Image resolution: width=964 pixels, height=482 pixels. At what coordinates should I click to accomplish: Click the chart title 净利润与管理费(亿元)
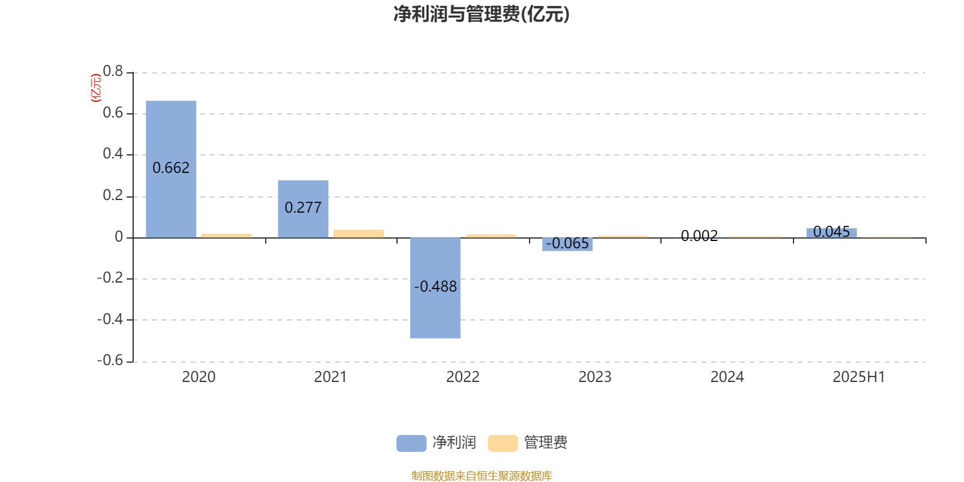tap(481, 14)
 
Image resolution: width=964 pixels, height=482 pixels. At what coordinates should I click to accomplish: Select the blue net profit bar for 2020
tap(171, 169)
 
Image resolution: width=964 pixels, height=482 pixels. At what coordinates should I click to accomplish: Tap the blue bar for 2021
tap(303, 209)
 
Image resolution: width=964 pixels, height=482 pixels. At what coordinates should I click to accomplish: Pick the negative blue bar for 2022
tap(435, 288)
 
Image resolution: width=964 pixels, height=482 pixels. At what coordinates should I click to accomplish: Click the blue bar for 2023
tap(567, 245)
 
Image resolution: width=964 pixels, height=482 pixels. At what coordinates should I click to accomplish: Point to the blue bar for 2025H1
tap(831, 233)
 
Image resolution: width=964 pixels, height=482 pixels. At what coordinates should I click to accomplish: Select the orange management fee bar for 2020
tap(227, 236)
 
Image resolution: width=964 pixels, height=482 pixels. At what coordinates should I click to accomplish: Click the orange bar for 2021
tap(358, 234)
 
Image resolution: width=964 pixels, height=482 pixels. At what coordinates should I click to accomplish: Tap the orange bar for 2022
tap(490, 236)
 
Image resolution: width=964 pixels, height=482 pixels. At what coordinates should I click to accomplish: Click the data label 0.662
tap(171, 168)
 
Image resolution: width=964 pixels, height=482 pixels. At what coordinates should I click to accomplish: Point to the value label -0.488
tap(435, 287)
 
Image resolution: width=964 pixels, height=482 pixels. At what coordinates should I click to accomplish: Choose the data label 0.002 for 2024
tap(700, 236)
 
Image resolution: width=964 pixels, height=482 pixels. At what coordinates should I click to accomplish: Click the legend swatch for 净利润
tap(412, 443)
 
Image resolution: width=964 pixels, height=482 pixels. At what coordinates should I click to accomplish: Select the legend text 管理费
tap(545, 443)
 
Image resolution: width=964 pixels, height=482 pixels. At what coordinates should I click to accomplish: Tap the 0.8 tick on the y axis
tap(113, 71)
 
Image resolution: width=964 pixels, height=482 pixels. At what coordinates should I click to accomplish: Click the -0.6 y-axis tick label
tap(110, 360)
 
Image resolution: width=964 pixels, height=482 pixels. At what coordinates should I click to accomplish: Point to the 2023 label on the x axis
tap(595, 377)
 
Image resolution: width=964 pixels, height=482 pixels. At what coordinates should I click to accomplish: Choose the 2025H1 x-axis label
tap(859, 377)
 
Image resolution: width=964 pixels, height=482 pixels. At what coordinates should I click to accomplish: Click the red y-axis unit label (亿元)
tap(96, 88)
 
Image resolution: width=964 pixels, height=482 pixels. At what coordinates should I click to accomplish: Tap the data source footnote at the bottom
tap(481, 475)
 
